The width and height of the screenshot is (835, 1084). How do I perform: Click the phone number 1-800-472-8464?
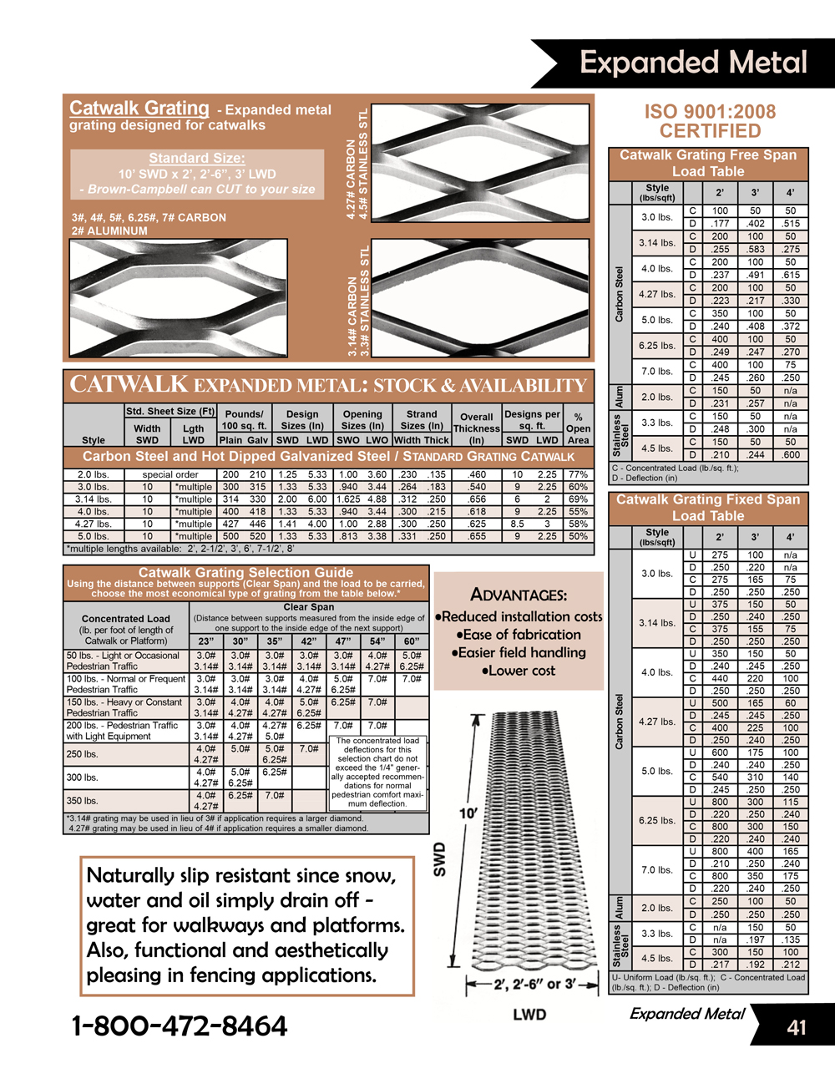[x=180, y=1026]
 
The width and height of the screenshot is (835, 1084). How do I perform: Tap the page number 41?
[x=797, y=1027]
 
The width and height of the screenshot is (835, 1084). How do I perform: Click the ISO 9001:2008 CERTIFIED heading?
[x=710, y=121]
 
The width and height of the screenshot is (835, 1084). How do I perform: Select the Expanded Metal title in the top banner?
[x=693, y=63]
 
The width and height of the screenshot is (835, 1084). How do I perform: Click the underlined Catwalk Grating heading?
[x=139, y=108]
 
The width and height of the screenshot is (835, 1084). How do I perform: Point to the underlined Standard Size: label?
[x=197, y=158]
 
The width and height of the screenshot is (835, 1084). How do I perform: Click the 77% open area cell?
[x=578, y=474]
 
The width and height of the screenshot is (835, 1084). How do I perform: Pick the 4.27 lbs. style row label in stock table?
[x=93, y=524]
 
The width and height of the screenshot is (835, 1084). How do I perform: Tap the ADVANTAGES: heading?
[x=519, y=595]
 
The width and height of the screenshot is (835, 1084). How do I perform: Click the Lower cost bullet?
[x=519, y=671]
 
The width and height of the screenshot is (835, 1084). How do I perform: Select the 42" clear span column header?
[x=309, y=641]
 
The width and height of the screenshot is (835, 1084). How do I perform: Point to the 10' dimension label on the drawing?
[x=468, y=813]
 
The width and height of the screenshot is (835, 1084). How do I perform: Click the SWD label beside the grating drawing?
[x=439, y=859]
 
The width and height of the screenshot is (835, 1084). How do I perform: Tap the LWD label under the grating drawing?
[x=529, y=1015]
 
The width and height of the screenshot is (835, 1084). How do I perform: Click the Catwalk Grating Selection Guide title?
[x=245, y=573]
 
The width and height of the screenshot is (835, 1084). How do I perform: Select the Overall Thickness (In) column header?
[x=477, y=428]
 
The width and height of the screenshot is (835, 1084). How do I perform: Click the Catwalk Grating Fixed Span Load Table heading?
[x=708, y=508]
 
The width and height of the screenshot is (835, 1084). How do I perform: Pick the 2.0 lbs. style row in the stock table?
[x=93, y=474]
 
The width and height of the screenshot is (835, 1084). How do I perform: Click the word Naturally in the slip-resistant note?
[x=130, y=875]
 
